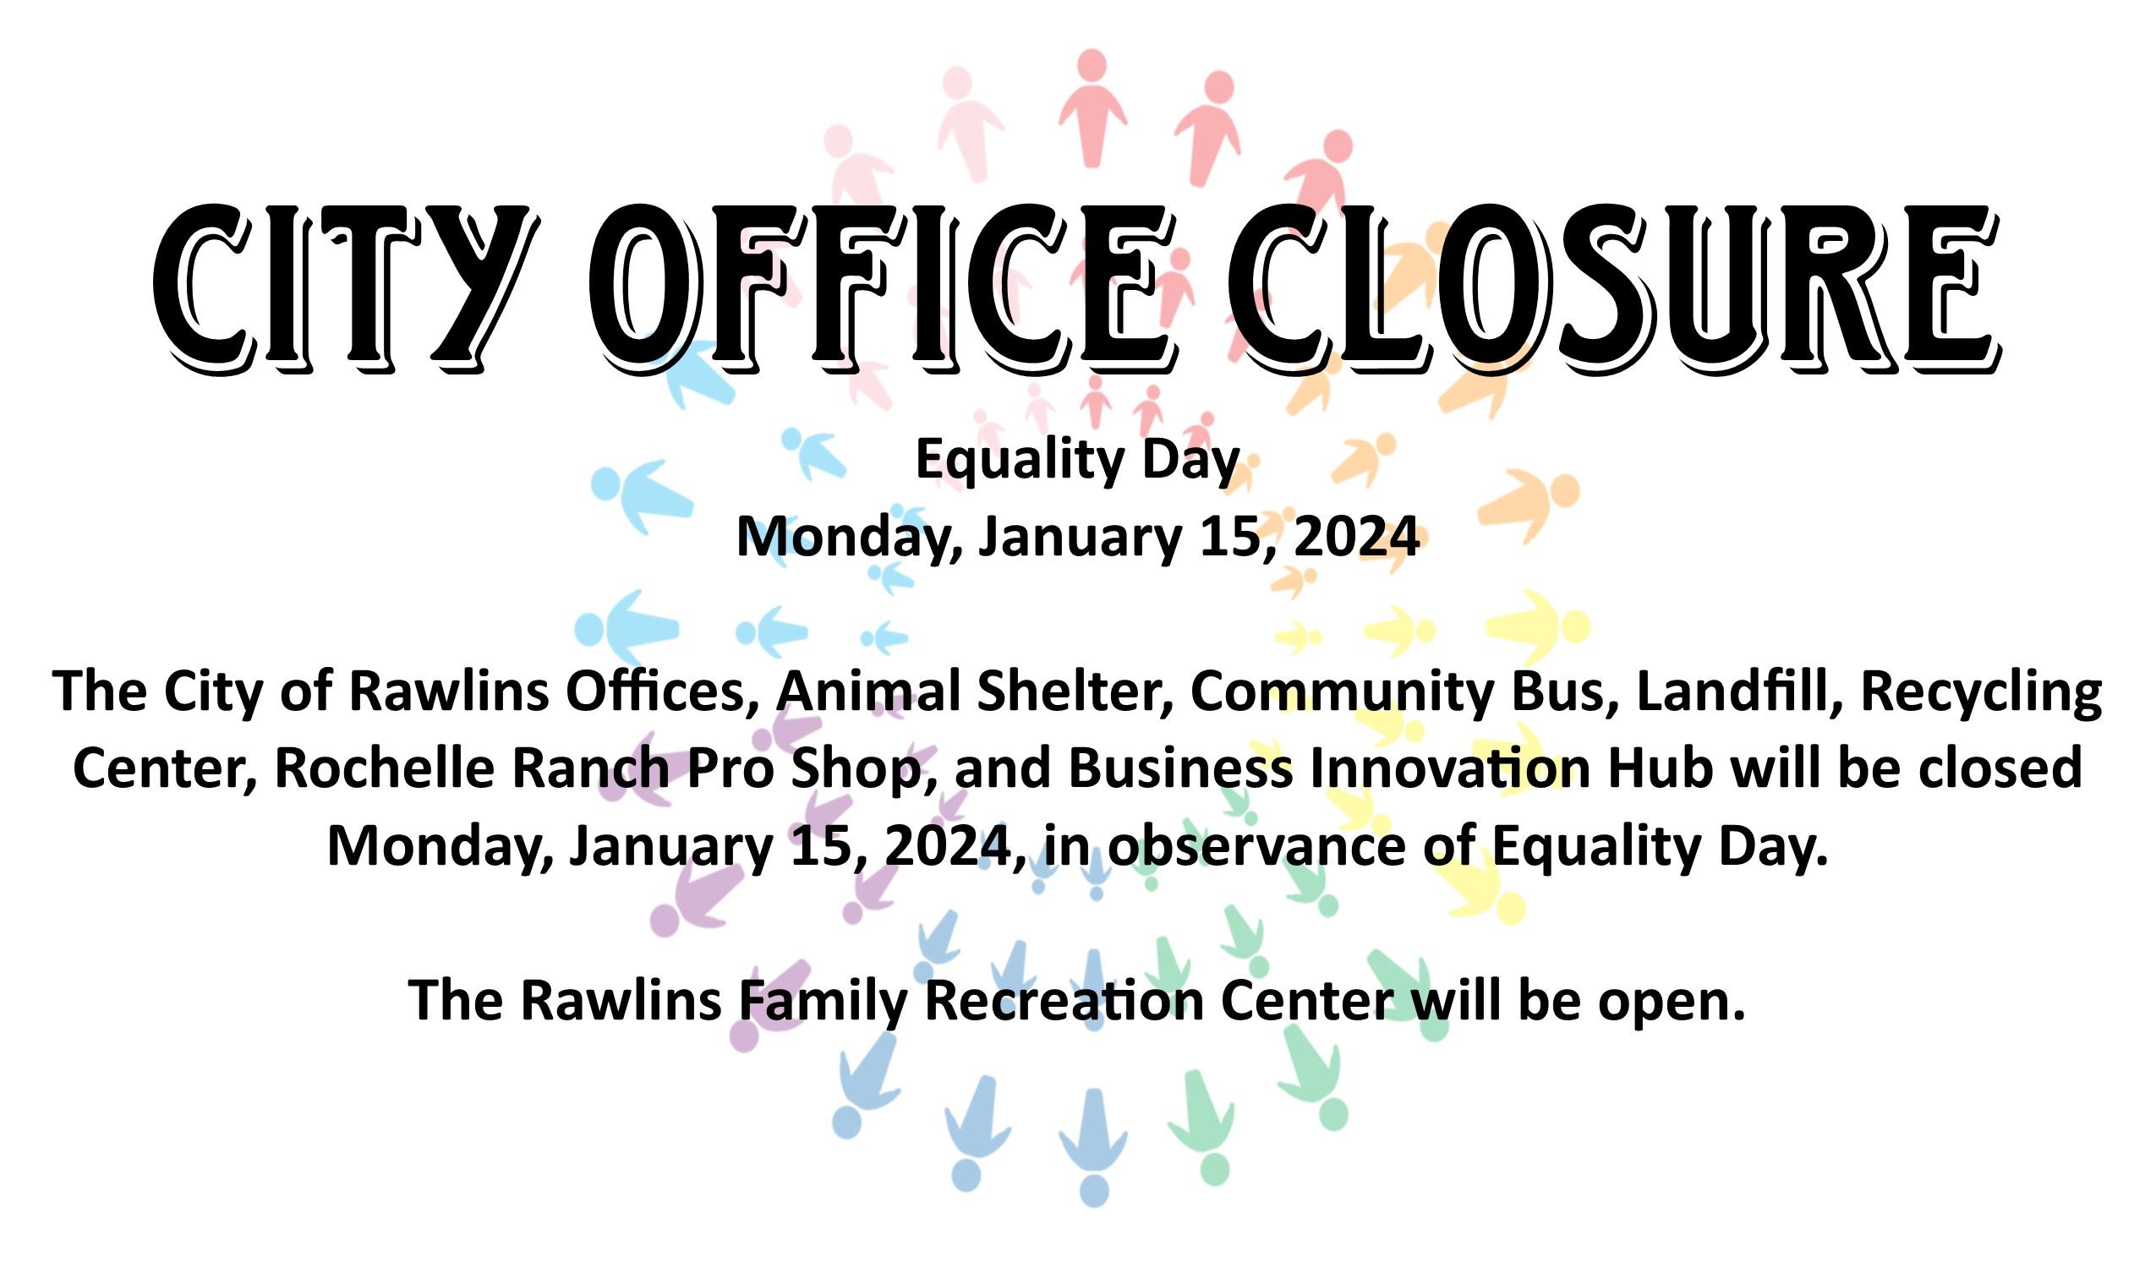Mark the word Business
tap(1179, 768)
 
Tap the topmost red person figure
tap(1092, 107)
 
